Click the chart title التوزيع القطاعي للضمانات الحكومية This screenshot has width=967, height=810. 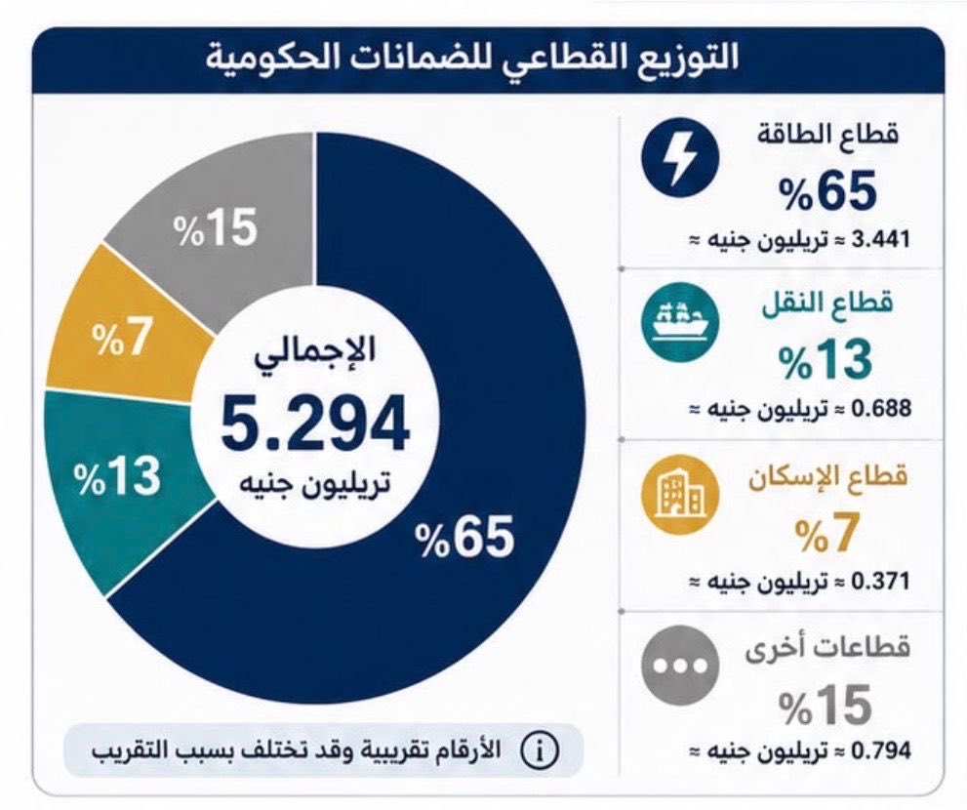(x=471, y=60)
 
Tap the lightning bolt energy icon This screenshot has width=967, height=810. (x=680, y=158)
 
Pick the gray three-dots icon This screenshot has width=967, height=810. (x=680, y=665)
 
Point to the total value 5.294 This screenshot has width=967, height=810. (x=315, y=424)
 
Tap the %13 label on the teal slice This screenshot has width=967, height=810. (x=117, y=477)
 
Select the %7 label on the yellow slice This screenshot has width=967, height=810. (x=122, y=339)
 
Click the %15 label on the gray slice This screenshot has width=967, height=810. (x=215, y=227)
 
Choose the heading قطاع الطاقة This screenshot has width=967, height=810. (x=827, y=135)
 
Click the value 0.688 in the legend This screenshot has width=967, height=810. (x=880, y=408)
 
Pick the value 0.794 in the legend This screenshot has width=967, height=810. (x=880, y=750)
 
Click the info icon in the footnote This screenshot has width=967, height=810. (x=541, y=751)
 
